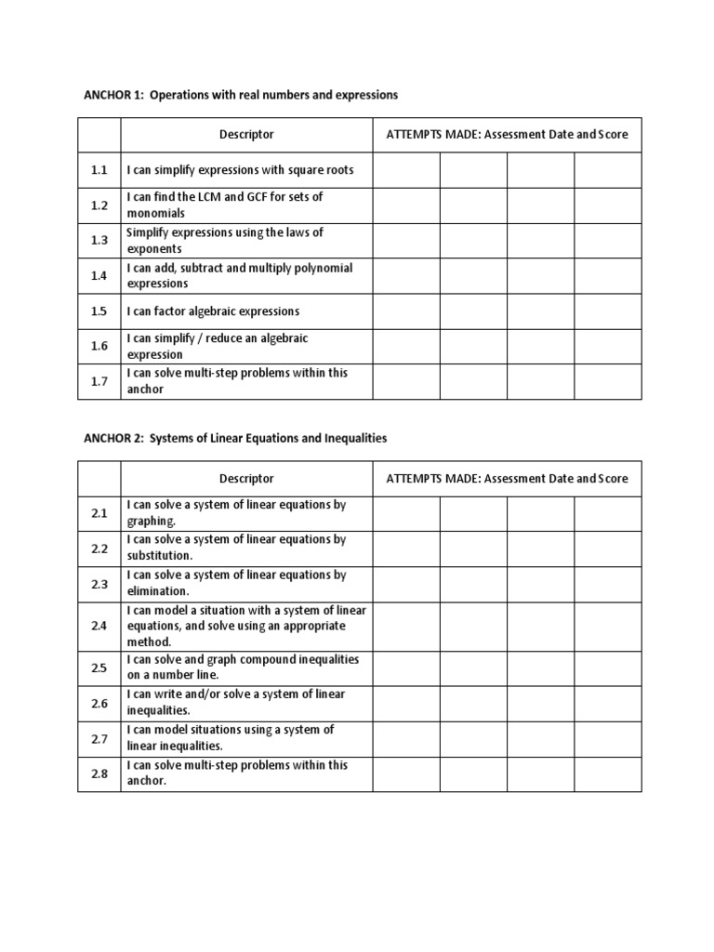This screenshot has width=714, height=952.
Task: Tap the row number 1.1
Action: tap(99, 170)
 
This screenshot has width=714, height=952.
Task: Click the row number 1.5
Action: tap(99, 311)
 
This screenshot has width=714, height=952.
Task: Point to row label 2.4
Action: tap(99, 627)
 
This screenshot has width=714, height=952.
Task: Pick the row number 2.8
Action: tap(99, 773)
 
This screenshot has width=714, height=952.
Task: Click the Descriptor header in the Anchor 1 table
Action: tap(246, 134)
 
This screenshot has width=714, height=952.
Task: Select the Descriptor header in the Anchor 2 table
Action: tap(246, 479)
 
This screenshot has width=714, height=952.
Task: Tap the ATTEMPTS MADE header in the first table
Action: tap(507, 134)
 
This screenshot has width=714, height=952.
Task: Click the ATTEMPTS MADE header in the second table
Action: tap(507, 479)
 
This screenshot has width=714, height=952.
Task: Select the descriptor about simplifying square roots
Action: tap(240, 170)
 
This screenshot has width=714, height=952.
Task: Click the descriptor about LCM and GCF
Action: tap(225, 205)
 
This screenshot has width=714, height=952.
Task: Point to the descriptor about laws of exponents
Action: tap(225, 241)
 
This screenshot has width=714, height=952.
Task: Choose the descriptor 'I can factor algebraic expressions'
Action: tap(213, 311)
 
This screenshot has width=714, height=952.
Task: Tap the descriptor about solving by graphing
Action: tap(236, 513)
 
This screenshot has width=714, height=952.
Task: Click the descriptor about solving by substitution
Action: tap(236, 548)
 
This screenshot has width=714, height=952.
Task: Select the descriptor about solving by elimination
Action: tap(236, 583)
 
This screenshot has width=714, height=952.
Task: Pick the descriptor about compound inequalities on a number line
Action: tap(243, 667)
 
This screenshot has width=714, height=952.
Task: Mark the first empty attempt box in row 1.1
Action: tap(406, 170)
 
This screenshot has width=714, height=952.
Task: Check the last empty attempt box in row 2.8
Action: tap(607, 773)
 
